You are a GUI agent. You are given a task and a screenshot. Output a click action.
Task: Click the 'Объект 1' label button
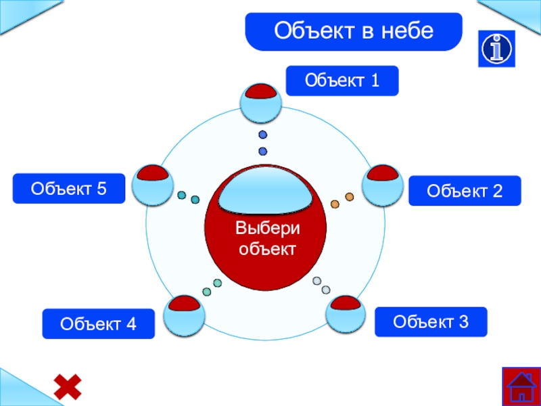342,81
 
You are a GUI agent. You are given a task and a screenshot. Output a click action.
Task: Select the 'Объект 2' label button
465,191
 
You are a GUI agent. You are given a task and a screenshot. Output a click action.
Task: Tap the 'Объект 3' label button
431,321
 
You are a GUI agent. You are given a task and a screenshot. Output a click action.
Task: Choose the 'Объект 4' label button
98,324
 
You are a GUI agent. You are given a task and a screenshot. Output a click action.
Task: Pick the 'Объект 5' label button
69,188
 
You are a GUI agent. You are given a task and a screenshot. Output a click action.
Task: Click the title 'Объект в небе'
353,31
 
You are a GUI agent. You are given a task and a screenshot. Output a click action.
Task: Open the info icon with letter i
497,48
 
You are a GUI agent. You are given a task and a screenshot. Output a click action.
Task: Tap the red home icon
521,386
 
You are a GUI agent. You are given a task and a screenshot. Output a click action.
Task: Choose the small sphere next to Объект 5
149,184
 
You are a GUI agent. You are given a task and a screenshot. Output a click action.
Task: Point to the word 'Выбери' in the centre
266,228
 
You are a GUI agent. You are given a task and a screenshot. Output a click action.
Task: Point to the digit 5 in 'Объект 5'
101,188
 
